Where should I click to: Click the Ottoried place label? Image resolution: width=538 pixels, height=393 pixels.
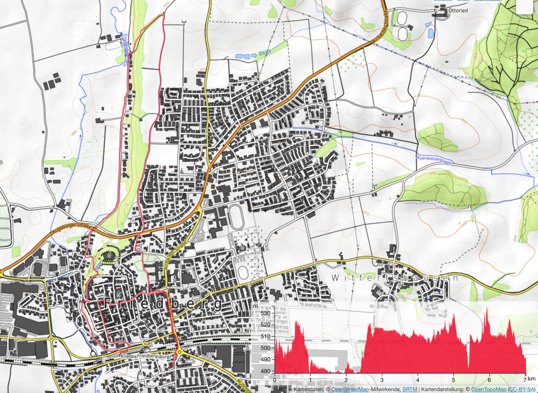pyautogui.click(x=458, y=11)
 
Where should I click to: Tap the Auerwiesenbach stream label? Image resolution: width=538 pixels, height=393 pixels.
pyautogui.click(x=433, y=159)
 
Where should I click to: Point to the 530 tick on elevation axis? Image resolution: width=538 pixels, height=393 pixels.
pyautogui.click(x=266, y=313)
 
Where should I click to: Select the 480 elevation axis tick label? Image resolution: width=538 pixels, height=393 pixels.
pyautogui.click(x=266, y=371)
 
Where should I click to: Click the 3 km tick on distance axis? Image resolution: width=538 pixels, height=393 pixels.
pyautogui.click(x=382, y=380)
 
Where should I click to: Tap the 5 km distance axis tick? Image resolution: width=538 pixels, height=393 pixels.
pyautogui.click(x=453, y=380)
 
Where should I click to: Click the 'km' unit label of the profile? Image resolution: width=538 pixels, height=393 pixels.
pyautogui.click(x=532, y=379)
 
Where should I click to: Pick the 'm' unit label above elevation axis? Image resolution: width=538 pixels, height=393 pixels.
pyautogui.click(x=255, y=306)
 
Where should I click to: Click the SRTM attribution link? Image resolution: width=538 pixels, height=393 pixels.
pyautogui.click(x=410, y=389)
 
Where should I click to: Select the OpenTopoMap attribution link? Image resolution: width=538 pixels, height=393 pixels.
pyautogui.click(x=489, y=389)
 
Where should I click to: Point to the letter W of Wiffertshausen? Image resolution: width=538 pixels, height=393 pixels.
pyautogui.click(x=335, y=278)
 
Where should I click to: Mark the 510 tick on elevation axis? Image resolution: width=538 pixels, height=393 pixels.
pyautogui.click(x=266, y=337)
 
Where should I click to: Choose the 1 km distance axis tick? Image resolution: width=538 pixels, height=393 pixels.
pyautogui.click(x=310, y=380)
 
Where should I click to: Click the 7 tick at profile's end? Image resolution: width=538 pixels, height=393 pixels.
pyautogui.click(x=525, y=380)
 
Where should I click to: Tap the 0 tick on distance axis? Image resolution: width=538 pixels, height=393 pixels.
pyautogui.click(x=275, y=380)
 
